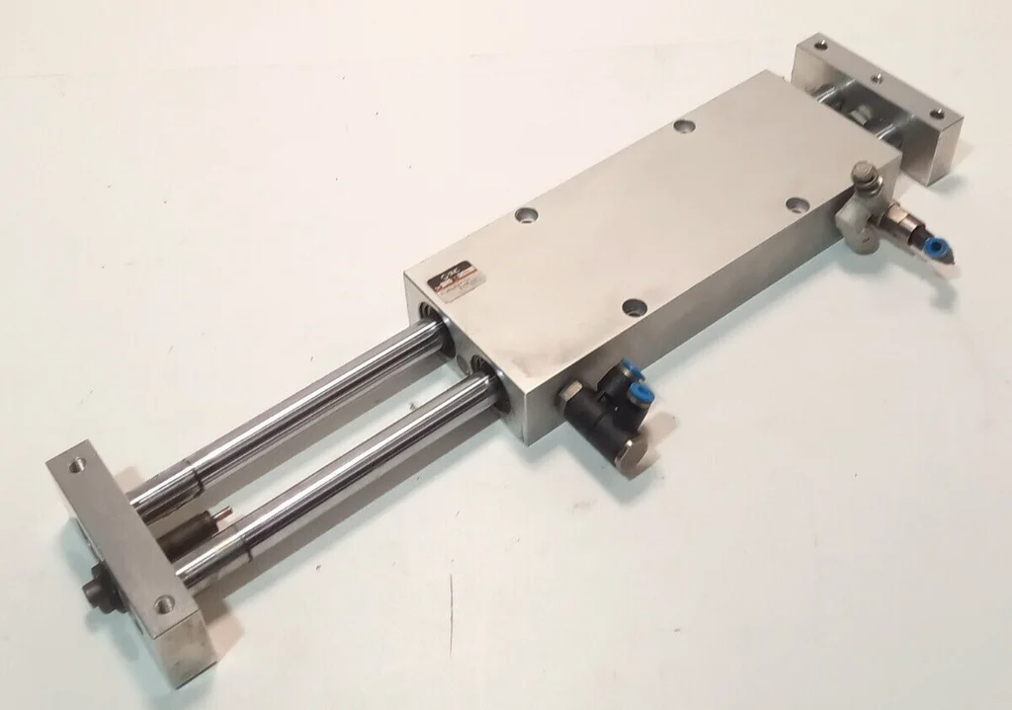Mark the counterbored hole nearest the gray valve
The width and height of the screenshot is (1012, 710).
(x=797, y=205)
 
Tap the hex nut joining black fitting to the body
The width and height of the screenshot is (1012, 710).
(x=569, y=399)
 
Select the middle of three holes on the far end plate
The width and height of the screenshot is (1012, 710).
(x=876, y=74)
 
